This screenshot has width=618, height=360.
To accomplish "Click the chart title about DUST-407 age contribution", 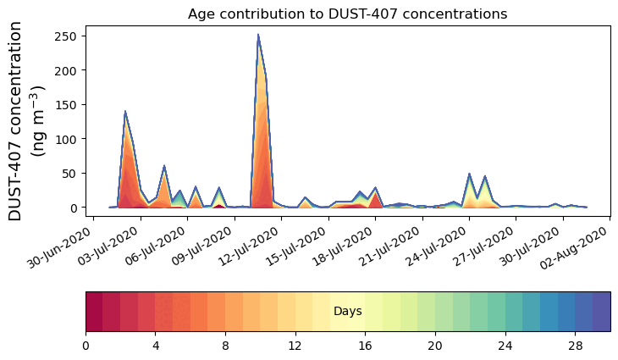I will [347, 14].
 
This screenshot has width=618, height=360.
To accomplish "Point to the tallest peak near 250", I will [258, 36].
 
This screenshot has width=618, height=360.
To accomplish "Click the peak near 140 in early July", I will [125, 111].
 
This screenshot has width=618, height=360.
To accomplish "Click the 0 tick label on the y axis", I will [75, 208].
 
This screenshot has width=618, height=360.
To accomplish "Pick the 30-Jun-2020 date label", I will [63, 250].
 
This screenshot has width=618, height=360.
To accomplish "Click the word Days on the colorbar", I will [348, 312].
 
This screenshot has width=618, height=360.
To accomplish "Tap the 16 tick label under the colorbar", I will [365, 346].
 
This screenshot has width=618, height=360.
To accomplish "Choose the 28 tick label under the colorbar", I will [575, 346].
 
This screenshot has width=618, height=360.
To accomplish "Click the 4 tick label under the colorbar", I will [156, 346].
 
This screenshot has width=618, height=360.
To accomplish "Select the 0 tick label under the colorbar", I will [86, 346].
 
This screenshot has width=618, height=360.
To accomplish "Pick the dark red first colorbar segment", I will [94, 311].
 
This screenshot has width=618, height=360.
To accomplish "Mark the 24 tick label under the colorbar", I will [505, 346].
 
